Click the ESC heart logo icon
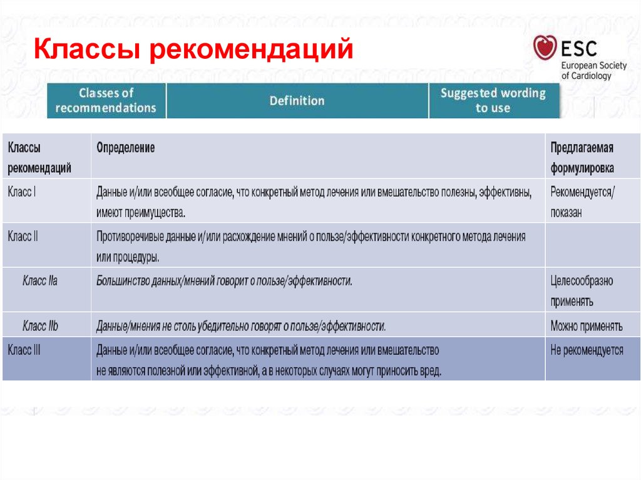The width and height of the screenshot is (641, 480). [545, 48]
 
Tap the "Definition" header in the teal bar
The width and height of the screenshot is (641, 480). [297, 101]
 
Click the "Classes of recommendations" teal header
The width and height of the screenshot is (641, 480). [106, 100]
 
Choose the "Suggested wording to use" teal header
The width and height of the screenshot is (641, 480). [493, 100]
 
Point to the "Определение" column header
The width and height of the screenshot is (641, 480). [126, 148]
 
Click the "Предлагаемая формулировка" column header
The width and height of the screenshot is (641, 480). [582, 158]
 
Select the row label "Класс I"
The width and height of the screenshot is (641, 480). [21, 191]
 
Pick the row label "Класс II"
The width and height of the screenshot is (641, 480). [23, 237]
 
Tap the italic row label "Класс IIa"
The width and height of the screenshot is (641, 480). [39, 281]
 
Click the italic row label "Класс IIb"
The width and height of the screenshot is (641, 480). [40, 326]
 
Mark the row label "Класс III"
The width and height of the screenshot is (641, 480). [24, 350]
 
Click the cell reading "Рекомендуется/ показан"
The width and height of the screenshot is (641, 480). [582, 202]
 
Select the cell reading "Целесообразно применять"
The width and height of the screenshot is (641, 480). [582, 291]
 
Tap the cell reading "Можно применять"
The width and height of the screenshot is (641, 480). [586, 326]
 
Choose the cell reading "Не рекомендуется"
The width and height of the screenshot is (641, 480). [587, 350]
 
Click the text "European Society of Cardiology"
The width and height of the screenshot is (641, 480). [593, 70]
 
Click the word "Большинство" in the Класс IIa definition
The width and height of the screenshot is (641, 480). [123, 281]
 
